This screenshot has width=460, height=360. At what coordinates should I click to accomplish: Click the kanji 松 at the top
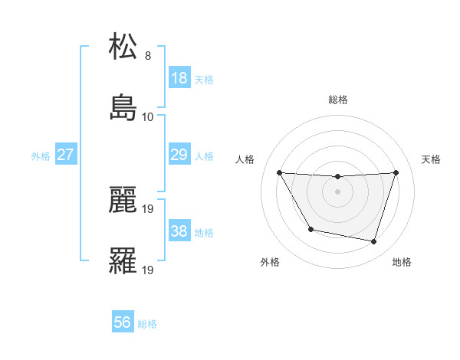(x=123, y=47)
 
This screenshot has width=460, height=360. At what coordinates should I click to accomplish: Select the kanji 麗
(x=123, y=200)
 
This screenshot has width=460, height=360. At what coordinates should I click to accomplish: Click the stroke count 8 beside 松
(x=148, y=55)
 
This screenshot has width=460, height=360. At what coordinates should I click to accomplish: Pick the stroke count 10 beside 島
(x=148, y=117)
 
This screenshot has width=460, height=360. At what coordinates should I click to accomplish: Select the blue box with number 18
(x=179, y=78)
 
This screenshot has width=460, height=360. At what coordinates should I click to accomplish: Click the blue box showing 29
(x=179, y=155)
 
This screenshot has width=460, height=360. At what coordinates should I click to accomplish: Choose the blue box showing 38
(x=179, y=231)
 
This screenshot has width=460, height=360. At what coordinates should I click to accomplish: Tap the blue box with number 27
(x=65, y=155)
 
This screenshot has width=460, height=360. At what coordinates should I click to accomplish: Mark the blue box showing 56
(x=123, y=323)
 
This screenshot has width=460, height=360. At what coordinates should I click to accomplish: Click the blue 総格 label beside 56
(x=147, y=324)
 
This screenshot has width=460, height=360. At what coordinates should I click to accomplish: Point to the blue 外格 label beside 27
(x=41, y=155)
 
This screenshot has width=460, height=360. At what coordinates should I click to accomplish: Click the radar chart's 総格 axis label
(x=338, y=100)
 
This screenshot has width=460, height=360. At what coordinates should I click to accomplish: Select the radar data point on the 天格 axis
(x=396, y=172)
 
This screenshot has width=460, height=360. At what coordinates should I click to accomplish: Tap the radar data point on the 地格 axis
(x=373, y=241)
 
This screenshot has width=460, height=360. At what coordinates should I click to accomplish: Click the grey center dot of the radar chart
(x=338, y=191)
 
